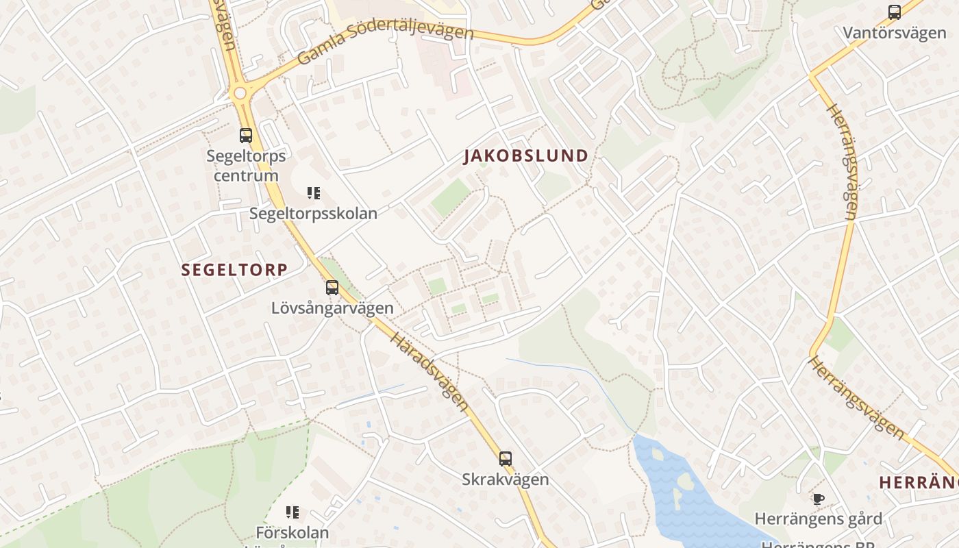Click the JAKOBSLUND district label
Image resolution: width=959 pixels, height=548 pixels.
(x=526, y=156)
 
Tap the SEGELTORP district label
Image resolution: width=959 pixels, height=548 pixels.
(x=234, y=270)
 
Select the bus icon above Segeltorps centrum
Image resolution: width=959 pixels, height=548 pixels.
(x=246, y=136)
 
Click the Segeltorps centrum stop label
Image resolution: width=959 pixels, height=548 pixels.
(x=246, y=166)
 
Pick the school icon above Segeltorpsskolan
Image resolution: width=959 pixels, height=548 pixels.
(x=314, y=193)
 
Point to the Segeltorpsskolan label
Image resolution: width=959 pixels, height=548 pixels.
(x=313, y=214)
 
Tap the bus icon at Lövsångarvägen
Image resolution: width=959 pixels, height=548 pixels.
(x=332, y=288)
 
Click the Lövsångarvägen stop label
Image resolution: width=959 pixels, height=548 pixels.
(x=332, y=308)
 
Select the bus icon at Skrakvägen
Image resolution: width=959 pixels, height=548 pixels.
(x=506, y=459)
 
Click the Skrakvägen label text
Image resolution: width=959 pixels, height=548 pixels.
(x=506, y=480)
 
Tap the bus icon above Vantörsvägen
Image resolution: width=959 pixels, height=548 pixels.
(x=895, y=12)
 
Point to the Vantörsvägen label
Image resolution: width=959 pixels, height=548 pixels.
(x=895, y=33)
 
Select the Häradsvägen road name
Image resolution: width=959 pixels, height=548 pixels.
(x=429, y=372)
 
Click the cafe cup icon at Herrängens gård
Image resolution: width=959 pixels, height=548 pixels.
(x=818, y=499)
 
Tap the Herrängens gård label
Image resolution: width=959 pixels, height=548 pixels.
(x=818, y=519)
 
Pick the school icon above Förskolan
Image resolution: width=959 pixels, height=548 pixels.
(x=292, y=512)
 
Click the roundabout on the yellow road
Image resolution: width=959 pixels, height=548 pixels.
(x=240, y=92)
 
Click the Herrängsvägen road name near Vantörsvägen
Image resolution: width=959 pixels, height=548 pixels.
(x=841, y=161)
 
